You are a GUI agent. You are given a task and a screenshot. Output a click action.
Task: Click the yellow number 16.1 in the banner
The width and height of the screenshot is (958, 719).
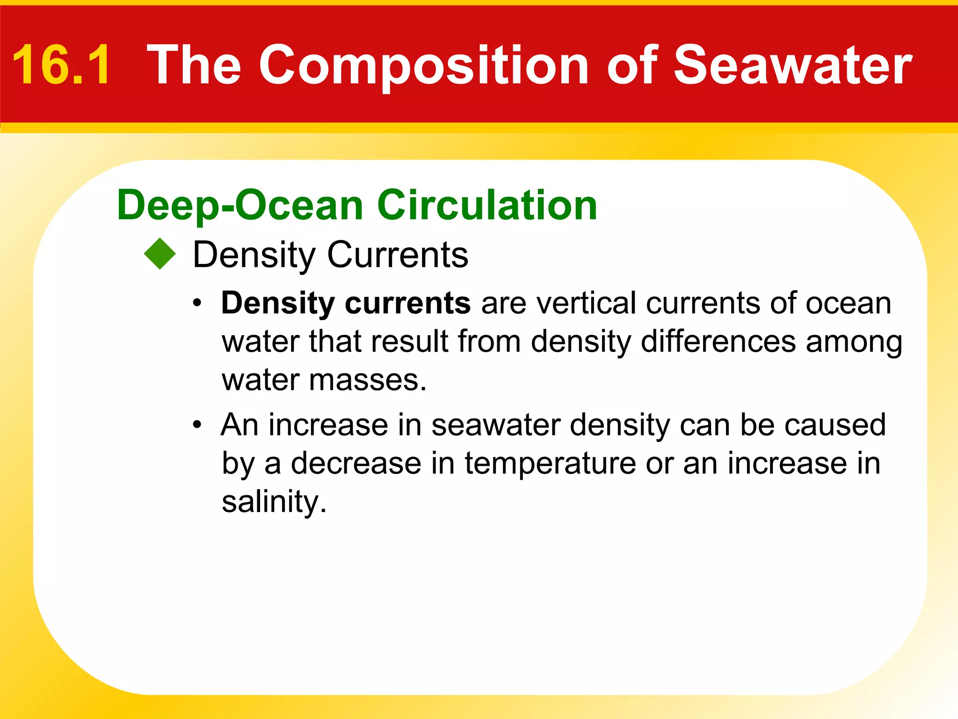point(62,65)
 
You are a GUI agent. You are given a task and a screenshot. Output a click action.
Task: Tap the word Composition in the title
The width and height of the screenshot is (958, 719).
point(423,65)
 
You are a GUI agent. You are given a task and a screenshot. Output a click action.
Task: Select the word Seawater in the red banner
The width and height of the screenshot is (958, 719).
point(792,65)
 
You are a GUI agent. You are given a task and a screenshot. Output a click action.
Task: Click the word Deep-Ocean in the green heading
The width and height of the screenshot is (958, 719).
point(240,205)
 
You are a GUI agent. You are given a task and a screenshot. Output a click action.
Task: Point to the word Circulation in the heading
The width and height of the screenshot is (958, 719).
point(487,205)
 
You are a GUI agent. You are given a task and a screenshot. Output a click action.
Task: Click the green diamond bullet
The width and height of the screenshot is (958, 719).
point(160,254)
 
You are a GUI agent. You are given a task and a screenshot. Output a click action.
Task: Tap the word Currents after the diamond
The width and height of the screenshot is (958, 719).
point(398,255)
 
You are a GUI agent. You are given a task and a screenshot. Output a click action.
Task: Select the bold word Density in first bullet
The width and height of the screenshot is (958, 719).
point(277,303)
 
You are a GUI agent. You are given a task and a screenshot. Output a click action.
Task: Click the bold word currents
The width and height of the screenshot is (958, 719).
point(407,303)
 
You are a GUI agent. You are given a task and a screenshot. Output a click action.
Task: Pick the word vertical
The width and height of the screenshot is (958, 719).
point(587,303)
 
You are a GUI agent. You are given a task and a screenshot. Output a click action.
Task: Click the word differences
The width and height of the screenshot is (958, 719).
point(718,341)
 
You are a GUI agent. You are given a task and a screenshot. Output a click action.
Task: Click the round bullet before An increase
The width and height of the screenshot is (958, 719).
point(197,425)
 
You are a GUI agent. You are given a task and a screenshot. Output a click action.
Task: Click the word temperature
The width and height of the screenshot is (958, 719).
point(550,463)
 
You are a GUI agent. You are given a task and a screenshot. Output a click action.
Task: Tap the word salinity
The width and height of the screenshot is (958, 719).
point(274,502)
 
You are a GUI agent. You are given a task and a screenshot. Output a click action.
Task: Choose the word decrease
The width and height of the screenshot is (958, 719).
point(356,463)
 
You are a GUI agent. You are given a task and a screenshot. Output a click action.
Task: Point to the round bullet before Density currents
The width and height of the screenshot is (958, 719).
point(197,303)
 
